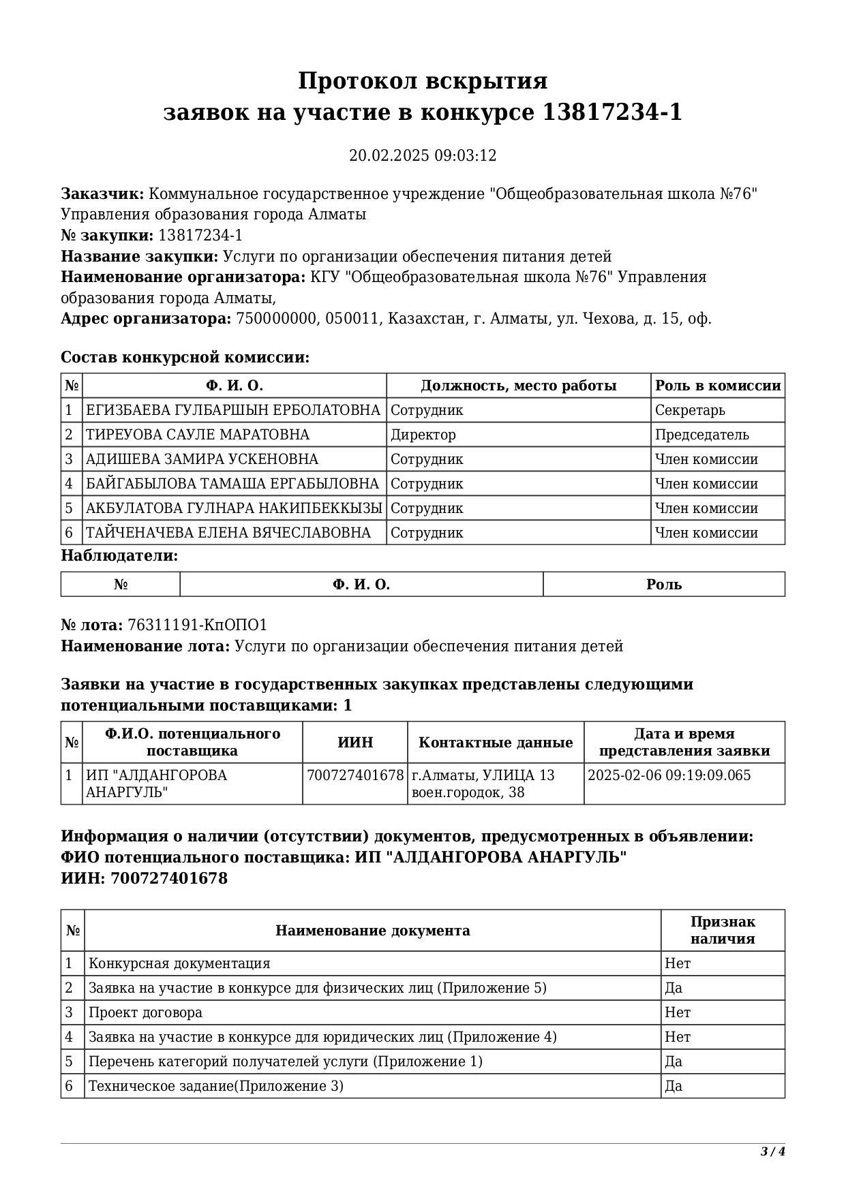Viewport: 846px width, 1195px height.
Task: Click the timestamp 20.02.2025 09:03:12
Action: (x=423, y=155)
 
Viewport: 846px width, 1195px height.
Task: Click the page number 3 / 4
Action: (x=773, y=1152)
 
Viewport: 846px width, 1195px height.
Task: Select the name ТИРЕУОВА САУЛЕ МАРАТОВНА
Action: (x=198, y=435)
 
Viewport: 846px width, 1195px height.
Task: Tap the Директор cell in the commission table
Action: (x=423, y=435)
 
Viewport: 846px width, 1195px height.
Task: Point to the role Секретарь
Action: (x=690, y=410)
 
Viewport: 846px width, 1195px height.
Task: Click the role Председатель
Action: (x=701, y=435)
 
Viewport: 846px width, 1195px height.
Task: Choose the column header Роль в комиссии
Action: (x=718, y=386)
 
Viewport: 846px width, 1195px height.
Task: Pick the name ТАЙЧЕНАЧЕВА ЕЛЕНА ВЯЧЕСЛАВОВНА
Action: (x=228, y=533)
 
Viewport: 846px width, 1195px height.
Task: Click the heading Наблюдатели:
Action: (x=119, y=556)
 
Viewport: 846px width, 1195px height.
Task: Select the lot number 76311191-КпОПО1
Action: (x=198, y=625)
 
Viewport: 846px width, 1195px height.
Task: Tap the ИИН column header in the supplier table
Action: (x=355, y=743)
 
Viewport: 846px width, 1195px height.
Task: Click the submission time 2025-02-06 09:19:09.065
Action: (x=669, y=775)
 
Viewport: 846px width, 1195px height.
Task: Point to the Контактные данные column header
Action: (x=496, y=743)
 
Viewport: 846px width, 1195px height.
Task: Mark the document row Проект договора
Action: (x=146, y=1012)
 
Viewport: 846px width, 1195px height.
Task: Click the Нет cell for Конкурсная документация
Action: (x=678, y=963)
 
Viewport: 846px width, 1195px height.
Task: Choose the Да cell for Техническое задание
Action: (x=674, y=1086)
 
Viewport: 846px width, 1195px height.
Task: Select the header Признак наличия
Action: (x=723, y=931)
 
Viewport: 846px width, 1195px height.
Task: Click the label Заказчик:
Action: (x=102, y=194)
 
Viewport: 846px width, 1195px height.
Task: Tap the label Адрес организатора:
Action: (x=146, y=319)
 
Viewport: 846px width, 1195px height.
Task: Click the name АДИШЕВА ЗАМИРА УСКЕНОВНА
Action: (x=202, y=459)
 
